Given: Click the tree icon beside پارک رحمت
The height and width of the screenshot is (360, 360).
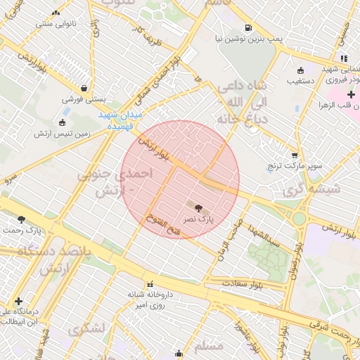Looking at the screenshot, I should pyautogui.click(x=21, y=219).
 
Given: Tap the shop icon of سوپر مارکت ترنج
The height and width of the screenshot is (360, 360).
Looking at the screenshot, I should pyautogui.click(x=294, y=155).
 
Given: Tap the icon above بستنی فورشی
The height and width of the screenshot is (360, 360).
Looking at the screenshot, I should pyautogui.click(x=85, y=89).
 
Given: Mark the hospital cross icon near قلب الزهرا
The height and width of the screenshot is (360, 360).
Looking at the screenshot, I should pyautogui.click(x=351, y=94).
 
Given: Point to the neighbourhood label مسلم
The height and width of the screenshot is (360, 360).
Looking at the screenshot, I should pyautogui.click(x=207, y=345).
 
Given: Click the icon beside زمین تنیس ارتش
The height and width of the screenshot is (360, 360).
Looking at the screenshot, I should pyautogui.click(x=62, y=123).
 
